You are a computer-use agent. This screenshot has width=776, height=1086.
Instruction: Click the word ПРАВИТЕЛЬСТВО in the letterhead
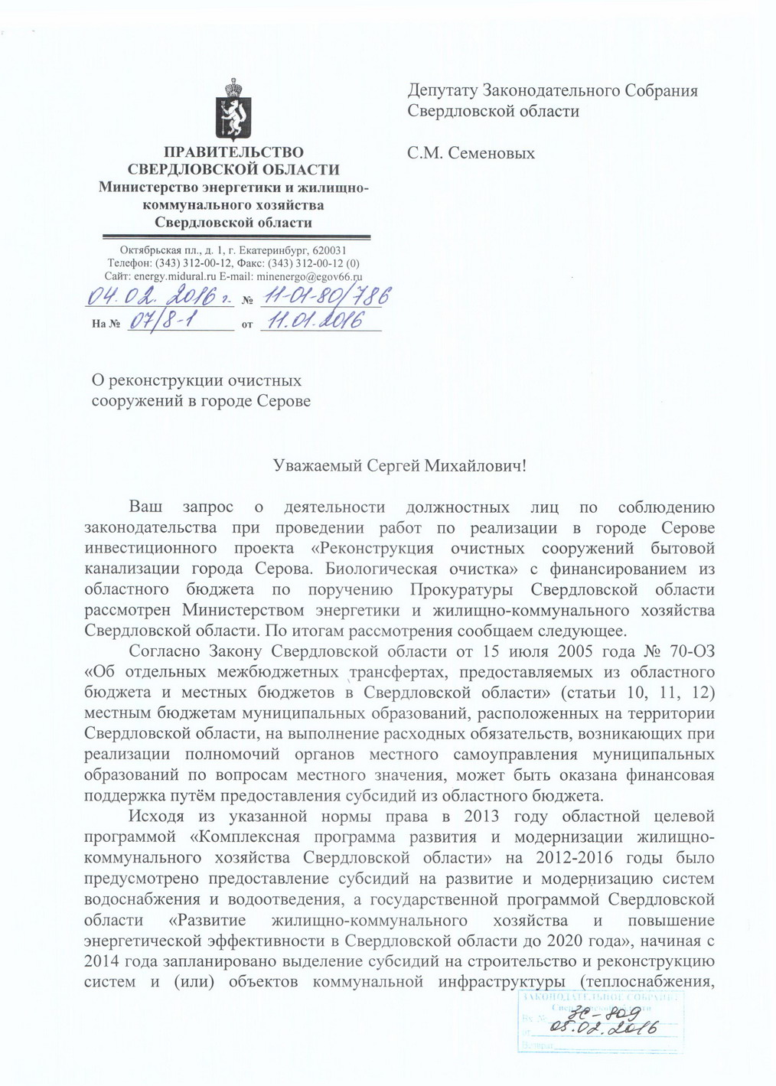tap(234, 153)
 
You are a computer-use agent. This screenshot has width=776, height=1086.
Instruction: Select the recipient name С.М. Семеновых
tap(471, 153)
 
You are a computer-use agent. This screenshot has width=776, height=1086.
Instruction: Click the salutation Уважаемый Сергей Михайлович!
tap(400, 465)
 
